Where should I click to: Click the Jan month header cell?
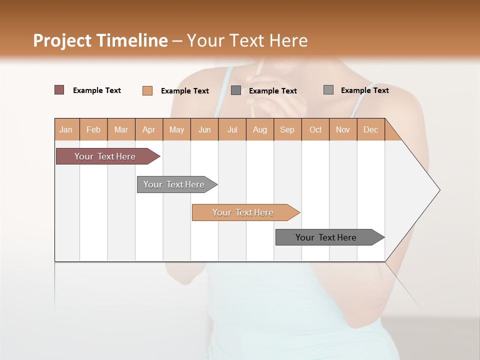point(66,129)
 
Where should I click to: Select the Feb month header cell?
point(93,129)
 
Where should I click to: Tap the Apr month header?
point(148,129)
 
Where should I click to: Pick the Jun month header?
point(204,129)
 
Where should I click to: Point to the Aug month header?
point(259,129)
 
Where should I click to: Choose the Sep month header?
point(287,129)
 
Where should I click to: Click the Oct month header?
point(315,129)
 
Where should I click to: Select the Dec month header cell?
point(370,129)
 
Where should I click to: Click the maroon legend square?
point(59,90)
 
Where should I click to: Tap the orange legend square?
point(147,90)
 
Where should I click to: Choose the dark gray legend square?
point(236,90)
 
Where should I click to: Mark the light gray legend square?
point(328,90)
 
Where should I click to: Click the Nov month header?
point(342,129)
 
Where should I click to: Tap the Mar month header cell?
point(121,129)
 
